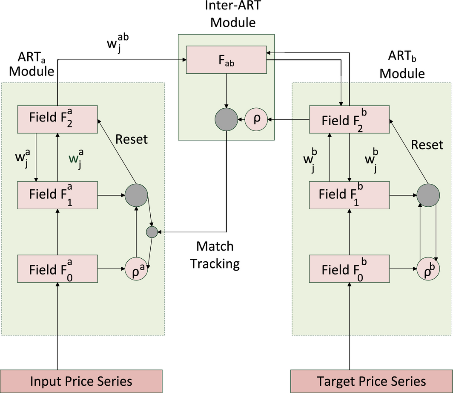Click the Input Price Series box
pyautogui.click(x=81, y=381)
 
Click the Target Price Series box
pyautogui.click(x=371, y=381)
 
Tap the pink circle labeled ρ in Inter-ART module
pyautogui.click(x=255, y=119)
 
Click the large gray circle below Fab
pyautogui.click(x=226, y=119)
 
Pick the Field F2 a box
pyautogui.click(x=57, y=119)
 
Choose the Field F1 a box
pyautogui.click(x=57, y=195)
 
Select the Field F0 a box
pyautogui.click(x=57, y=269)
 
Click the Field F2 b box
pyautogui.click(x=349, y=119)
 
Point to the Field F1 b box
pyautogui.click(x=349, y=195)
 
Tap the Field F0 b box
pyautogui.click(x=349, y=269)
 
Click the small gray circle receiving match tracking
pyautogui.click(x=152, y=232)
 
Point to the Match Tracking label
pyautogui.click(x=215, y=254)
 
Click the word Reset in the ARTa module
pyautogui.click(x=132, y=139)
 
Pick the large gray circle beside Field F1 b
pyautogui.click(x=427, y=195)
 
